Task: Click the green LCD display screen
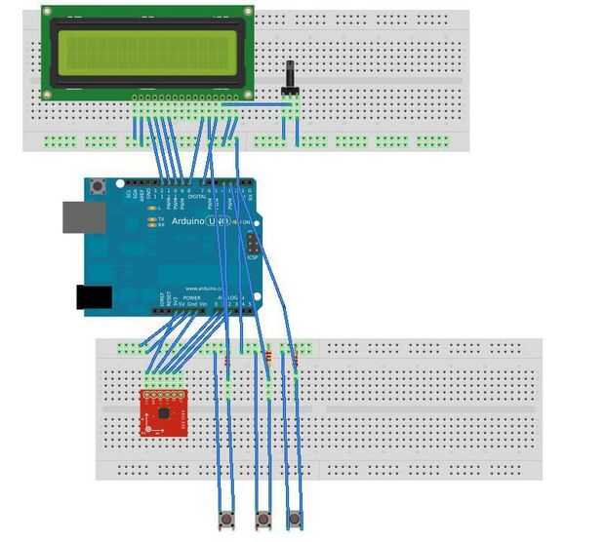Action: (147, 50)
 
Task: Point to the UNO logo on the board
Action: (223, 222)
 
